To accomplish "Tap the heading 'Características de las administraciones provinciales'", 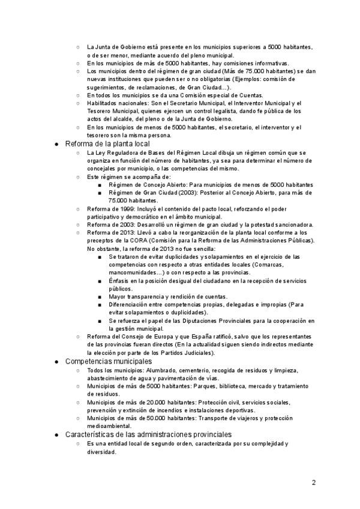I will pos(148,434).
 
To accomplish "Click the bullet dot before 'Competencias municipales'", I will pos(57,362).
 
